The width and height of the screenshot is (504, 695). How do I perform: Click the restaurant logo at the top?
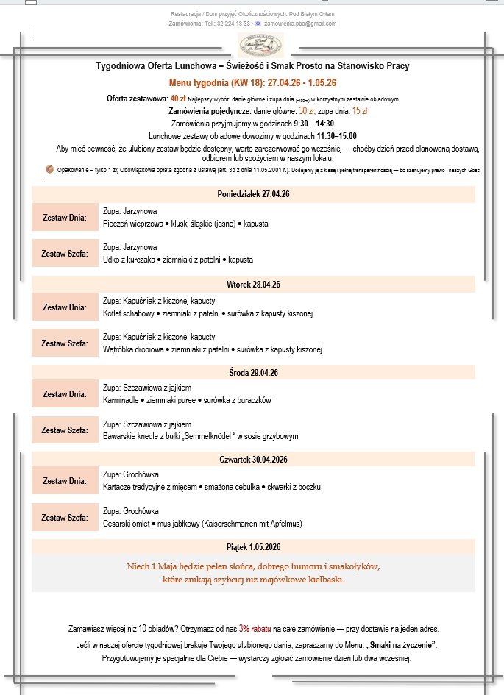[x=260, y=46]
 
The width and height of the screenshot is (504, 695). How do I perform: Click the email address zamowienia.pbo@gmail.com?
[x=299, y=24]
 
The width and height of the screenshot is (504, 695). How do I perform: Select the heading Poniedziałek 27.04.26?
[x=253, y=195]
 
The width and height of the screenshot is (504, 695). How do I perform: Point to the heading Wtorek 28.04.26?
[x=253, y=284]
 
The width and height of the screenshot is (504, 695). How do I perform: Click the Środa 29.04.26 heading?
[x=253, y=374]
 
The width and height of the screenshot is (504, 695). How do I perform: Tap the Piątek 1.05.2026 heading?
[x=253, y=547]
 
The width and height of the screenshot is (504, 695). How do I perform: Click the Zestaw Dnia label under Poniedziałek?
[x=64, y=218]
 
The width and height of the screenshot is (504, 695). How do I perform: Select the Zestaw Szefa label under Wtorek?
[x=64, y=343]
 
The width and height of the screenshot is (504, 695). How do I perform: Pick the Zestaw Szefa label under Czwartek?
[x=64, y=518]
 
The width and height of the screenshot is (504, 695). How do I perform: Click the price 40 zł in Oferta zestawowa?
[x=177, y=98]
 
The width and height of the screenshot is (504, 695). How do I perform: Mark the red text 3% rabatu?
[x=255, y=629]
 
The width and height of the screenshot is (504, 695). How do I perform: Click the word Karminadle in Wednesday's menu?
[x=122, y=400]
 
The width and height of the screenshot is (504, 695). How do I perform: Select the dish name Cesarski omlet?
[x=126, y=524]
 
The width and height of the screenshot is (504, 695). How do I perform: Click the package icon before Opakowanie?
[x=49, y=168]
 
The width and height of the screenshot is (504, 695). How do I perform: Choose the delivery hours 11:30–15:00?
[x=337, y=136]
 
